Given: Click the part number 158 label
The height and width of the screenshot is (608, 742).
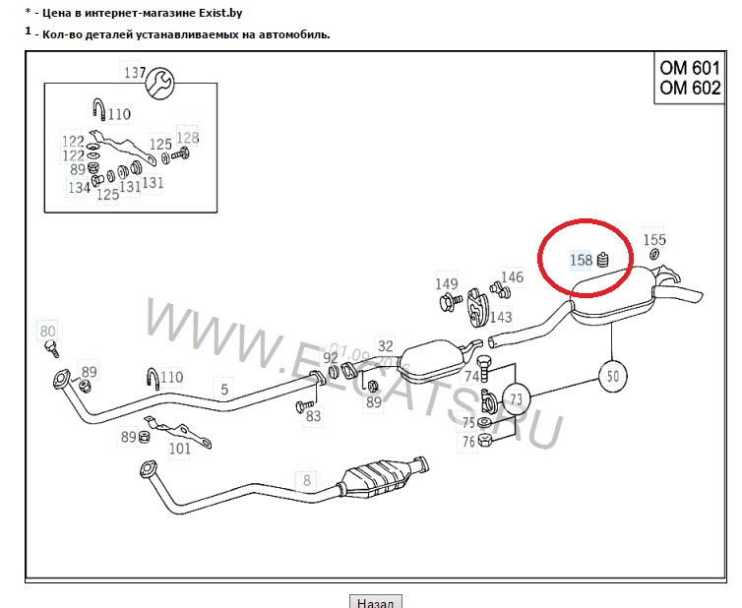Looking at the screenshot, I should pos(582,260).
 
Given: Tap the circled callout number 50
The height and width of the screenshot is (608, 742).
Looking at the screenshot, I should pos(612,375).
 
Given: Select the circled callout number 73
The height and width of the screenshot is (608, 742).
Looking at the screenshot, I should pos(516,398).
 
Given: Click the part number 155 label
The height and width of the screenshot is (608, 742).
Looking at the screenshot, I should pos(654,239).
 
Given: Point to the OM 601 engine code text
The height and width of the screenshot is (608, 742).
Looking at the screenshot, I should pos(691,69).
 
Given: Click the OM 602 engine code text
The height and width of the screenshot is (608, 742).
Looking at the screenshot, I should pos(691,89).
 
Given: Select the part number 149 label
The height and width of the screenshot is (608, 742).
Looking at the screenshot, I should pos(447,284).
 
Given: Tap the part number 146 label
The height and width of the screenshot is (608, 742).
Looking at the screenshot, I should pos(513,277).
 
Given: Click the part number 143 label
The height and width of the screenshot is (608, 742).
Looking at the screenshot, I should pos(501,317).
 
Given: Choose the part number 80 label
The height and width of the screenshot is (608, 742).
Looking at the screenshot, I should pos(48,331).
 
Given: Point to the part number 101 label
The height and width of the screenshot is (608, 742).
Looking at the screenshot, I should pos(179,450).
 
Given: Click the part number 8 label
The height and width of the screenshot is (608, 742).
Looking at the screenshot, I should pos(306,480).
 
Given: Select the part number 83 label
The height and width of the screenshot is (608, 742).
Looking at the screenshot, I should pos(313,416).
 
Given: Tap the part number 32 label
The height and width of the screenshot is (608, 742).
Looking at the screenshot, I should pos(385,346).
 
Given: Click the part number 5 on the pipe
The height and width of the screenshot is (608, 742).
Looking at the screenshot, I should pos(224,390).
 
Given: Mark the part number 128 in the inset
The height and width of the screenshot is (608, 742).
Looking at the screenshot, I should pos(187,138).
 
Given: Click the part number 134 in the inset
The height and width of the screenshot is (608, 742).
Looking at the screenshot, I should pos(79,188).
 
